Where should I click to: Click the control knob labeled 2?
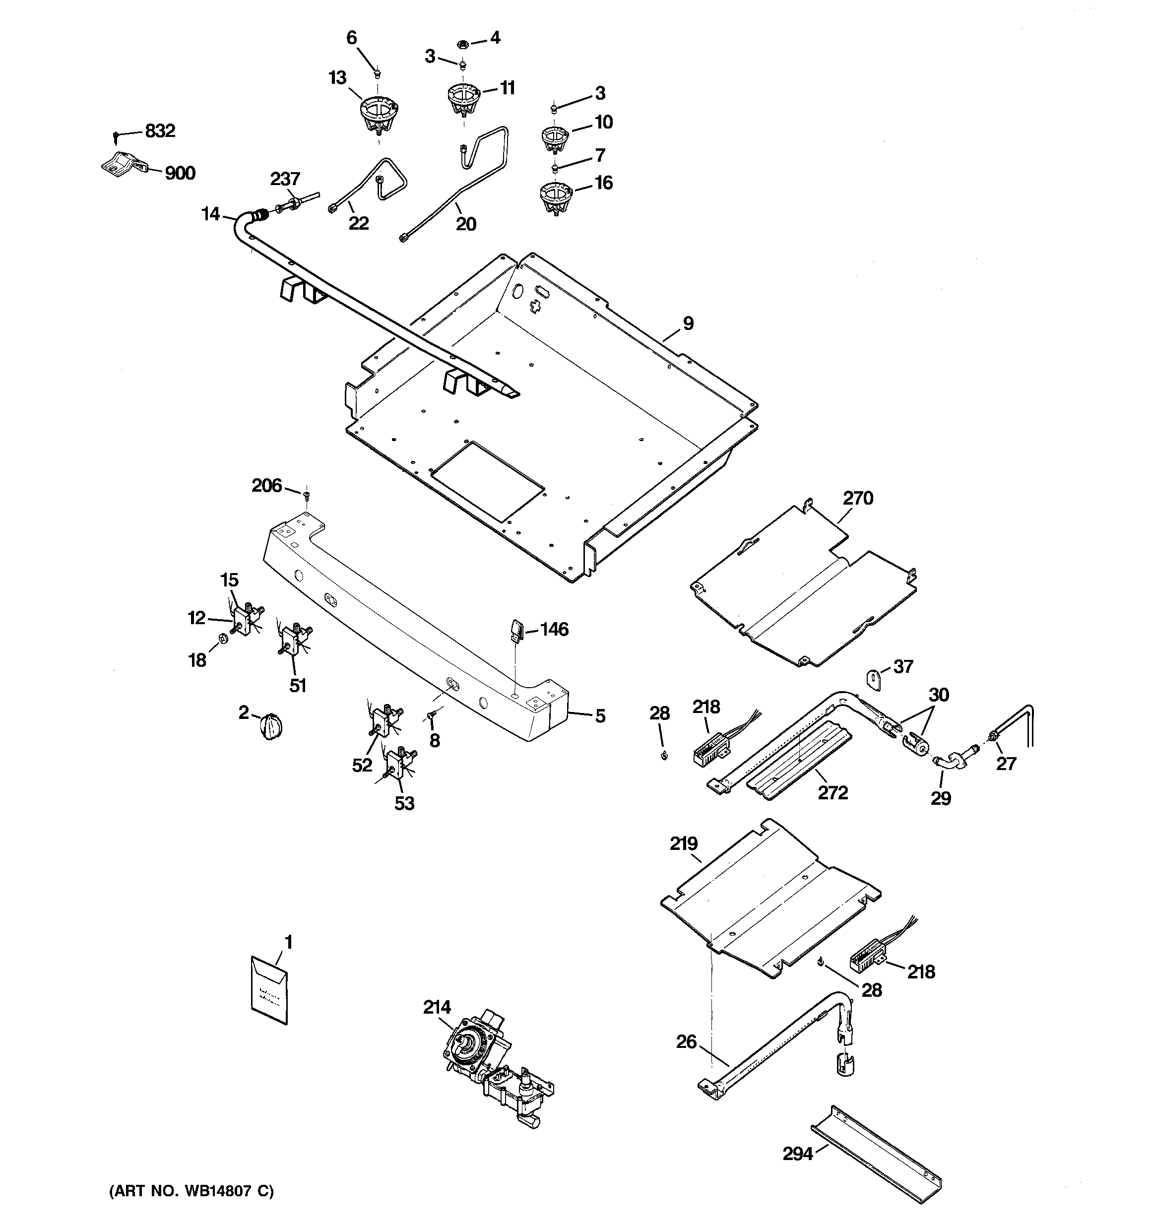270,724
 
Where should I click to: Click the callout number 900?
180,173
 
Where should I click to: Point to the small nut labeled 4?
461,43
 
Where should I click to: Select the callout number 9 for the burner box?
688,323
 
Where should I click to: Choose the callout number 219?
684,843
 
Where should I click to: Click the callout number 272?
833,792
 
